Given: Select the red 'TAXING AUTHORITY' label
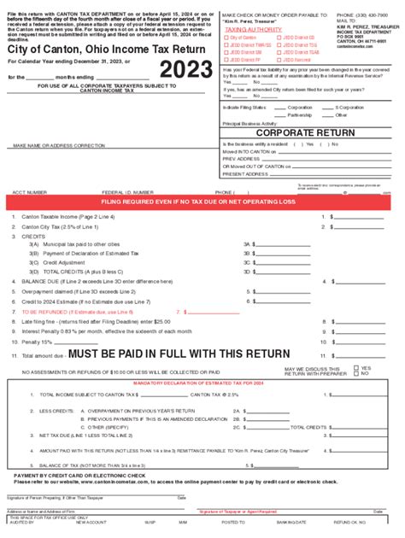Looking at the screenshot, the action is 253,29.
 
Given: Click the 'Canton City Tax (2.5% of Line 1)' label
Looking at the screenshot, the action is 59,227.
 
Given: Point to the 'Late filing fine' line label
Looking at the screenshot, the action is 46,322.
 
